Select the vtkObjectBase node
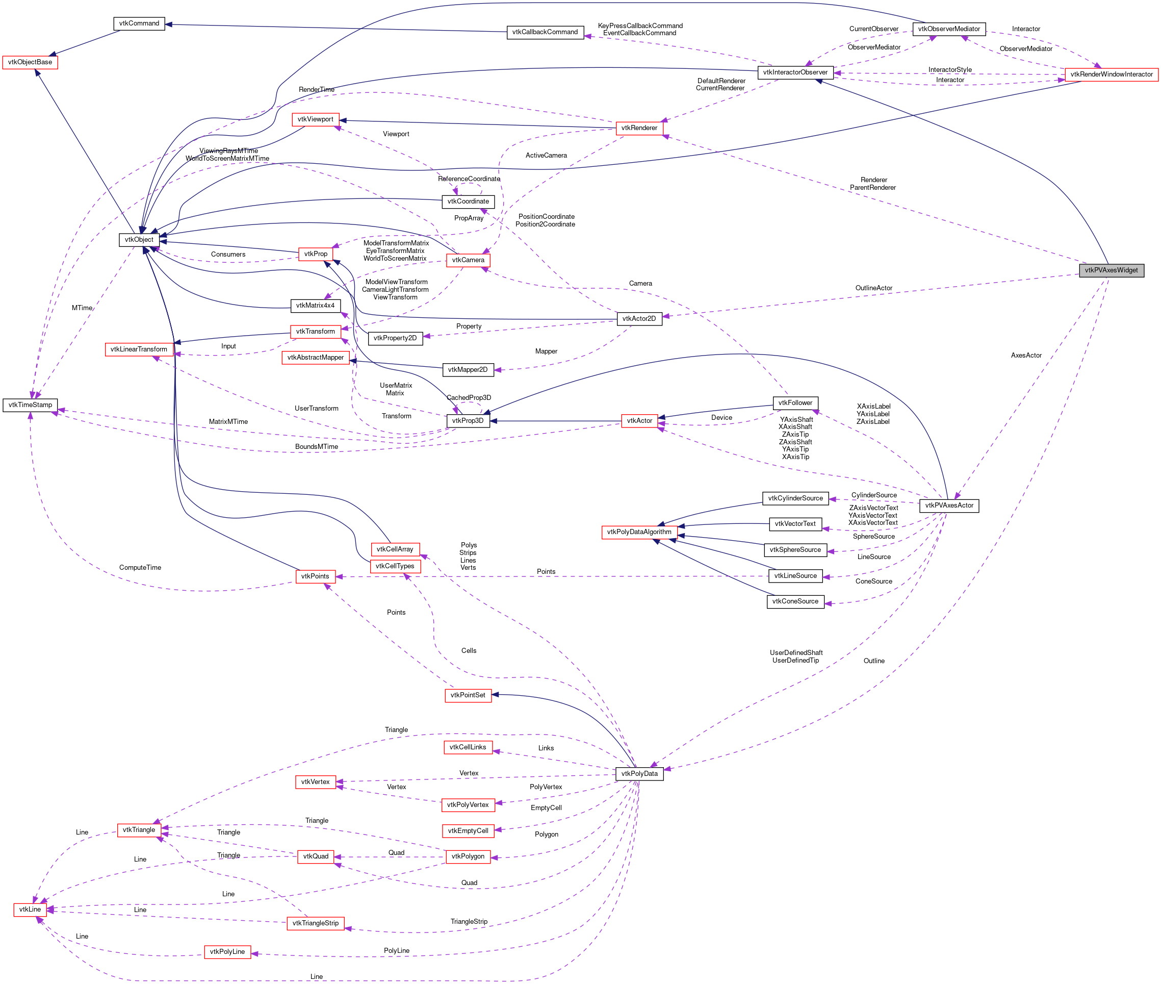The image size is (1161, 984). pyautogui.click(x=30, y=62)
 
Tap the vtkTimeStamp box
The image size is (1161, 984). pyautogui.click(x=30, y=405)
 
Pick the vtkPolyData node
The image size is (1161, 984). pyautogui.click(x=639, y=774)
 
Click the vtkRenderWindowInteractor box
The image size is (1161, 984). pyautogui.click(x=1111, y=74)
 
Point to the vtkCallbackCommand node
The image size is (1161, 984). pyautogui.click(x=545, y=32)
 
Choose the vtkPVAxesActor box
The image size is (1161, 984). pyautogui.click(x=948, y=506)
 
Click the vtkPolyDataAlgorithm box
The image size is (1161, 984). pyautogui.click(x=639, y=532)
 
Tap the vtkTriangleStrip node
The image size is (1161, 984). pyautogui.click(x=315, y=923)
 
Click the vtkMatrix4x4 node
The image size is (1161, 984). pyautogui.click(x=315, y=306)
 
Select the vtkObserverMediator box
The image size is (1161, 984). pyautogui.click(x=948, y=29)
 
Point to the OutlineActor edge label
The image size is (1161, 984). pyautogui.click(x=873, y=288)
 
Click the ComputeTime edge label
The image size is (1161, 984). pyautogui.click(x=140, y=568)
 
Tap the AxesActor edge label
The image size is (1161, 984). pyautogui.click(x=1025, y=356)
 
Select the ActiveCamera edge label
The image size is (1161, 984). pyautogui.click(x=546, y=156)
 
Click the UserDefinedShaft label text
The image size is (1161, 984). pyautogui.click(x=796, y=652)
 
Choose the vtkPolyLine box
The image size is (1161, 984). pyautogui.click(x=227, y=952)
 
